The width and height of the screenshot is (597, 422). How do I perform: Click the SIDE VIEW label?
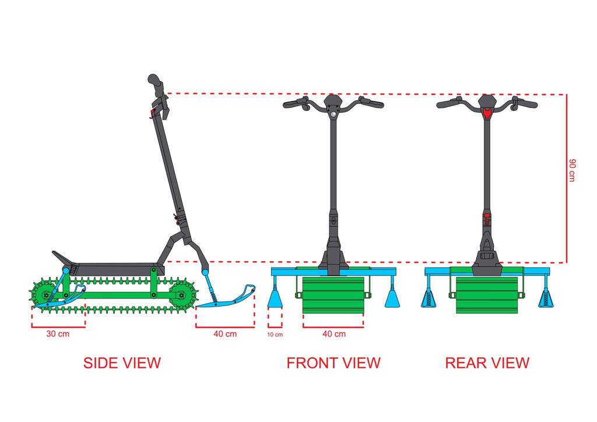[122, 363]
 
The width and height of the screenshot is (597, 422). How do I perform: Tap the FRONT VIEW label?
[333, 363]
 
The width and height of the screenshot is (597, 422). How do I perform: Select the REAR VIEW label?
[487, 363]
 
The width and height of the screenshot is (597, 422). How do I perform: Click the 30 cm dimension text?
[58, 335]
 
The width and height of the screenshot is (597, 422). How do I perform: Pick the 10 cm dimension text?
[275, 335]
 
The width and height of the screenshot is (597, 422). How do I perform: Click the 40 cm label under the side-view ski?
[225, 335]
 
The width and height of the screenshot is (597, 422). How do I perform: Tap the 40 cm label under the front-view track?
[333, 335]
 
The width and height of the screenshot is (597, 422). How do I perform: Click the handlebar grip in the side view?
[154, 82]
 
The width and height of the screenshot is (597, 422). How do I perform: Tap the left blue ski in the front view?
[275, 299]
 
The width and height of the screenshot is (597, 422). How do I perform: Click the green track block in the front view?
[333, 295]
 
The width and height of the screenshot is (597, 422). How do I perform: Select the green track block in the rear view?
[487, 295]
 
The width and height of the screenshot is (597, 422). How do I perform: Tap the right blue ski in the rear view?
[546, 299]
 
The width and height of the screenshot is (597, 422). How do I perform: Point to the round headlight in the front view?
[333, 115]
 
